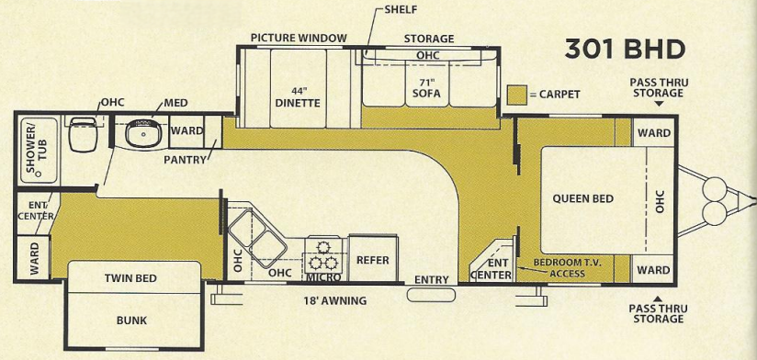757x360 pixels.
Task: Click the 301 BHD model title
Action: [x=625, y=50]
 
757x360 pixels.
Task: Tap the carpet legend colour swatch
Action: [x=515, y=94]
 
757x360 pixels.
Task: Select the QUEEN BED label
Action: [x=582, y=198]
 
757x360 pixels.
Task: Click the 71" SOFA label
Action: [x=420, y=88]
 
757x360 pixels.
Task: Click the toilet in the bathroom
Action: [x=80, y=136]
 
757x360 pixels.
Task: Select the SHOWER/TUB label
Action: [x=35, y=149]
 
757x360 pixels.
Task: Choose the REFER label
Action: [x=372, y=260]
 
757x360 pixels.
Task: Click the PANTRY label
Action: [x=185, y=160]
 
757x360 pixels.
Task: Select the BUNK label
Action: [x=131, y=321]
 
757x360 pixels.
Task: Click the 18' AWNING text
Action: [x=335, y=300]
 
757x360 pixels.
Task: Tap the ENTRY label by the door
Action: [x=431, y=279]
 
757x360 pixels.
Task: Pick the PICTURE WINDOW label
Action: [x=299, y=39]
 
